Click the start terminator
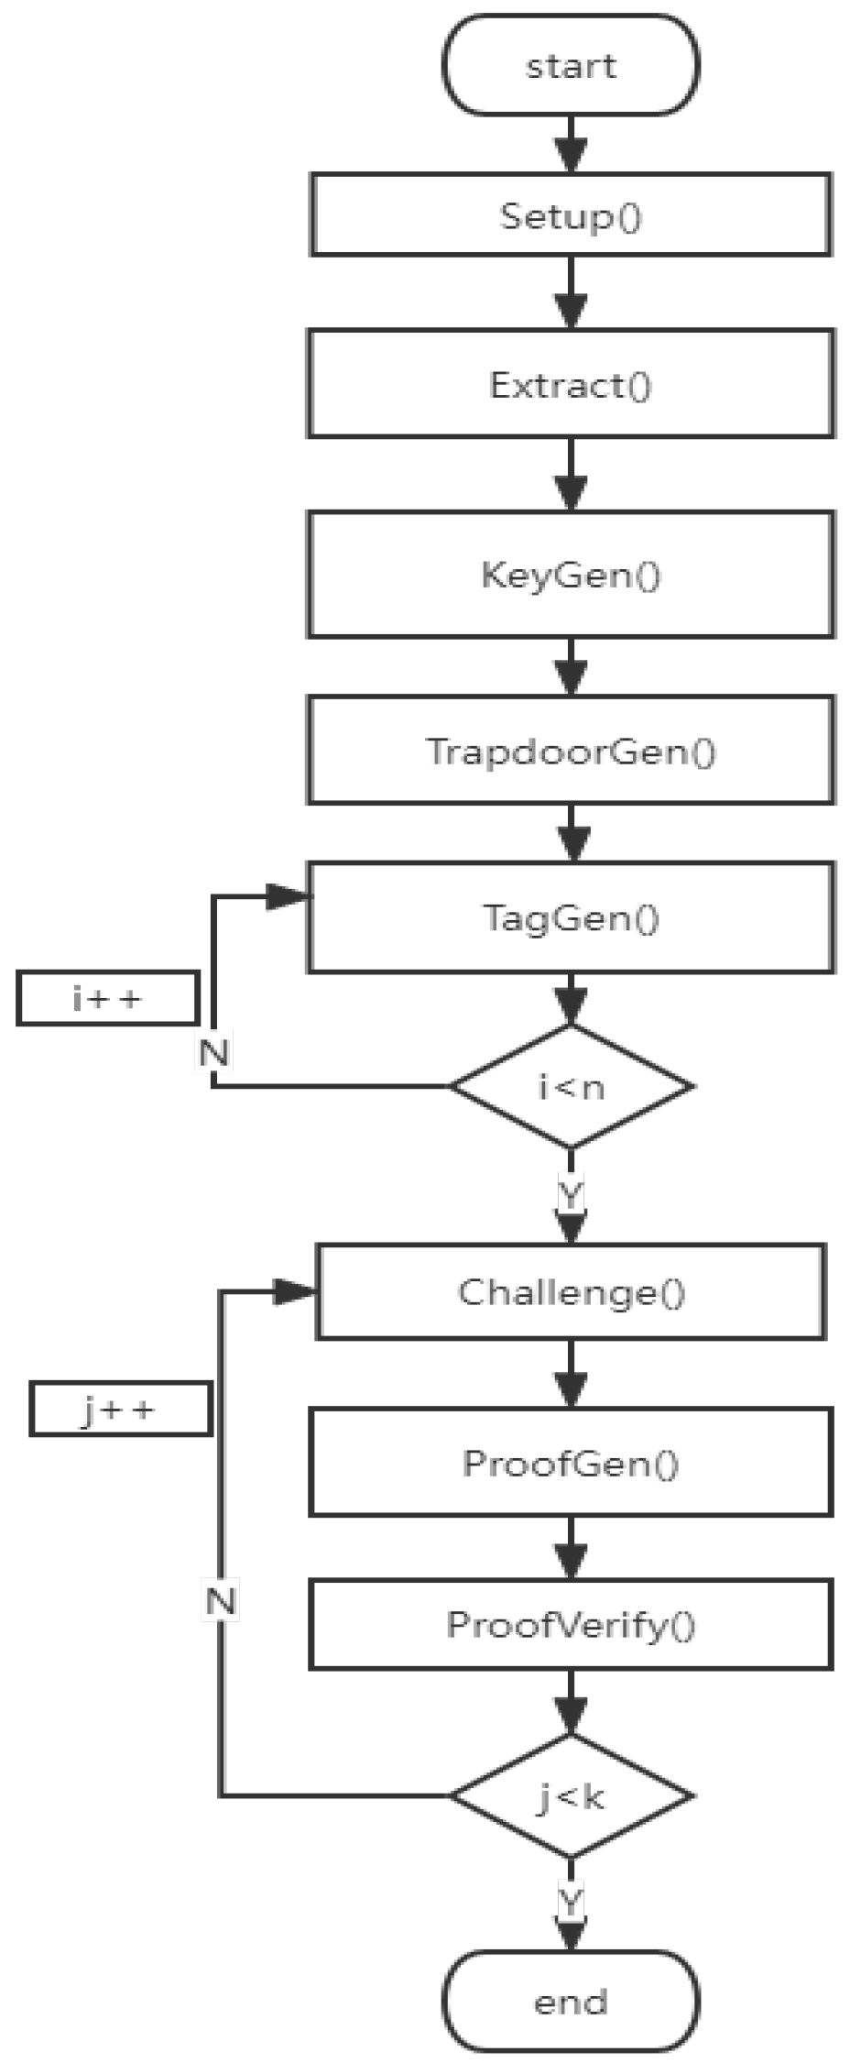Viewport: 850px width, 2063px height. [571, 65]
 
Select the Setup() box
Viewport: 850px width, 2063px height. [571, 214]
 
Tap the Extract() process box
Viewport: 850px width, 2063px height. [571, 384]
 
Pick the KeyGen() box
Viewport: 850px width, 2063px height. [571, 575]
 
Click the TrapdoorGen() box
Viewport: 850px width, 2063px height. [571, 751]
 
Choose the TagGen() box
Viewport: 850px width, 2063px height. [571, 916]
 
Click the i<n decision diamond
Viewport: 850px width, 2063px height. [571, 1087]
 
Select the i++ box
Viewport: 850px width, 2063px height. [107, 998]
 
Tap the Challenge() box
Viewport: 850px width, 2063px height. [571, 1291]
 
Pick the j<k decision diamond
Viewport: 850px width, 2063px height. [571, 1796]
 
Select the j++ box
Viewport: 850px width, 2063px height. [120, 1410]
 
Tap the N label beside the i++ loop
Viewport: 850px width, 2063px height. [214, 1052]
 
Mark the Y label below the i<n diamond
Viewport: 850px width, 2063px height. [571, 1194]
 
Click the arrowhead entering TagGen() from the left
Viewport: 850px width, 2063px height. [288, 897]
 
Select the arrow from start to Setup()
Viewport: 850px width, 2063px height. [571, 144]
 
